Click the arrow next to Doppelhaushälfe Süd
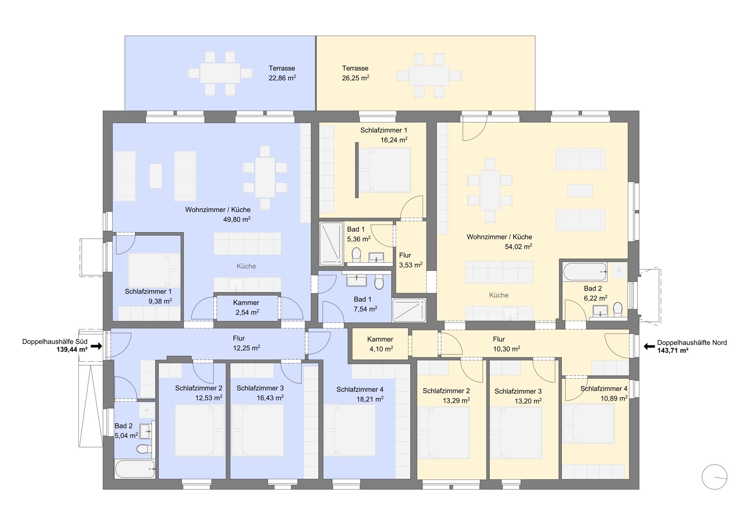[x=96, y=346]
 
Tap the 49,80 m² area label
[x=237, y=219]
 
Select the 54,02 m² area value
[x=518, y=246]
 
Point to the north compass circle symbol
[x=714, y=477]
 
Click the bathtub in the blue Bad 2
[x=135, y=469]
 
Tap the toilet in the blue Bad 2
[x=143, y=449]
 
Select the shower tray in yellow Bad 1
[x=331, y=244]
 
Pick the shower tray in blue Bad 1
[x=409, y=310]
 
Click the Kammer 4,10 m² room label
[x=380, y=344]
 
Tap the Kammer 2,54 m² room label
[x=247, y=307]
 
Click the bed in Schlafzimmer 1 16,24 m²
[x=385, y=170]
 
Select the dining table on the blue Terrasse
[x=220, y=73]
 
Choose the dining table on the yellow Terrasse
[x=429, y=76]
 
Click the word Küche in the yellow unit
[x=499, y=295]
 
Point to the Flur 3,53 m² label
[x=411, y=260]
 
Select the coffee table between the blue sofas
[x=155, y=176]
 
